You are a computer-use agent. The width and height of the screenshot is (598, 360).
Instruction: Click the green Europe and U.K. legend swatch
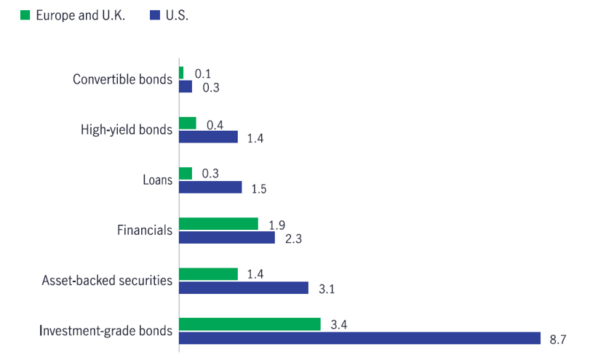click(25, 16)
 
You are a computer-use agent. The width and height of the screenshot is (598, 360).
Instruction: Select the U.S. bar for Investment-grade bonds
click(359, 338)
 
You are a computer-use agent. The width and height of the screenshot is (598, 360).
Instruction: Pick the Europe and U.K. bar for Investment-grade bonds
click(250, 324)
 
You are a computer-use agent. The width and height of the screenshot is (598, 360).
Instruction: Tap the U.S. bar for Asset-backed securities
click(244, 288)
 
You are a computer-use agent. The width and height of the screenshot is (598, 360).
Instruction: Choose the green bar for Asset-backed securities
click(208, 273)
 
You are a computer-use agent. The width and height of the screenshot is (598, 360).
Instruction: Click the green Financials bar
click(218, 223)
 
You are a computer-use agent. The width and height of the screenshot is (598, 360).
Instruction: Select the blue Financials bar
click(227, 238)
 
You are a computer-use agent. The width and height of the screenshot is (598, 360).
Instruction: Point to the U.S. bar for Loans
click(210, 188)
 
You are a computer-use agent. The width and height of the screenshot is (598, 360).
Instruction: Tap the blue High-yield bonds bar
click(208, 137)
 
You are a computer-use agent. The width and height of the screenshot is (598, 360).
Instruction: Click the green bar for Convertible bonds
click(181, 73)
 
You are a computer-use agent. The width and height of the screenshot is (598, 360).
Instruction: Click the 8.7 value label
click(559, 340)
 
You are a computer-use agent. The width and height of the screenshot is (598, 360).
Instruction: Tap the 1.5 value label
click(258, 189)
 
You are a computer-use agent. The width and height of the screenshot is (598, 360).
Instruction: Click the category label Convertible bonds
click(122, 79)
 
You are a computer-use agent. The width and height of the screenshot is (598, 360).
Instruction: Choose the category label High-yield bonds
click(126, 129)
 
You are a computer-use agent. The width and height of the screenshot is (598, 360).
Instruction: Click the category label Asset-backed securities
click(106, 280)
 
